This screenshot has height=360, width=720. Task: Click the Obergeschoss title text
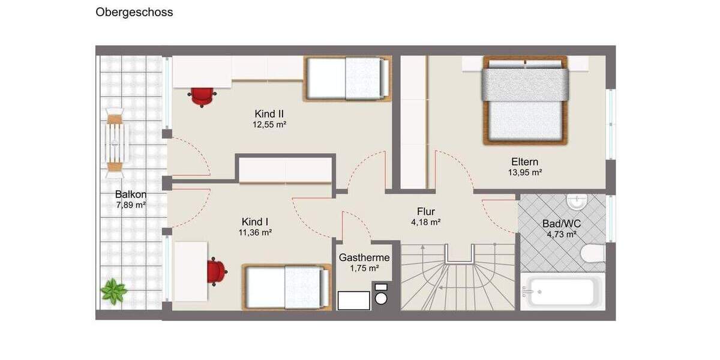134,12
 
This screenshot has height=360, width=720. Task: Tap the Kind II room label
269,114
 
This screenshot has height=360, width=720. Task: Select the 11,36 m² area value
256,232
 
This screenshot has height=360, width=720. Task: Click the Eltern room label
524,161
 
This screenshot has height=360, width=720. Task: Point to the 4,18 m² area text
425,222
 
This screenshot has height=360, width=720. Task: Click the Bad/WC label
561,223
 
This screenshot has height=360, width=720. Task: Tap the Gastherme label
364,257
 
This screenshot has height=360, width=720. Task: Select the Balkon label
131,194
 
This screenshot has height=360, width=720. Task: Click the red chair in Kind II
202,96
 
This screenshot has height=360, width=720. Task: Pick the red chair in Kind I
216,271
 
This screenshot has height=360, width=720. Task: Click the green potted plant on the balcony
113,292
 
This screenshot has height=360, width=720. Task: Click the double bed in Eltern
525,100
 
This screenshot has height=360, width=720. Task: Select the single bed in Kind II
347,78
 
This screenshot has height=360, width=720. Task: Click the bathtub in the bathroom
562,292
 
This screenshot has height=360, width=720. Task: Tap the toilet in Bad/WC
593,254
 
